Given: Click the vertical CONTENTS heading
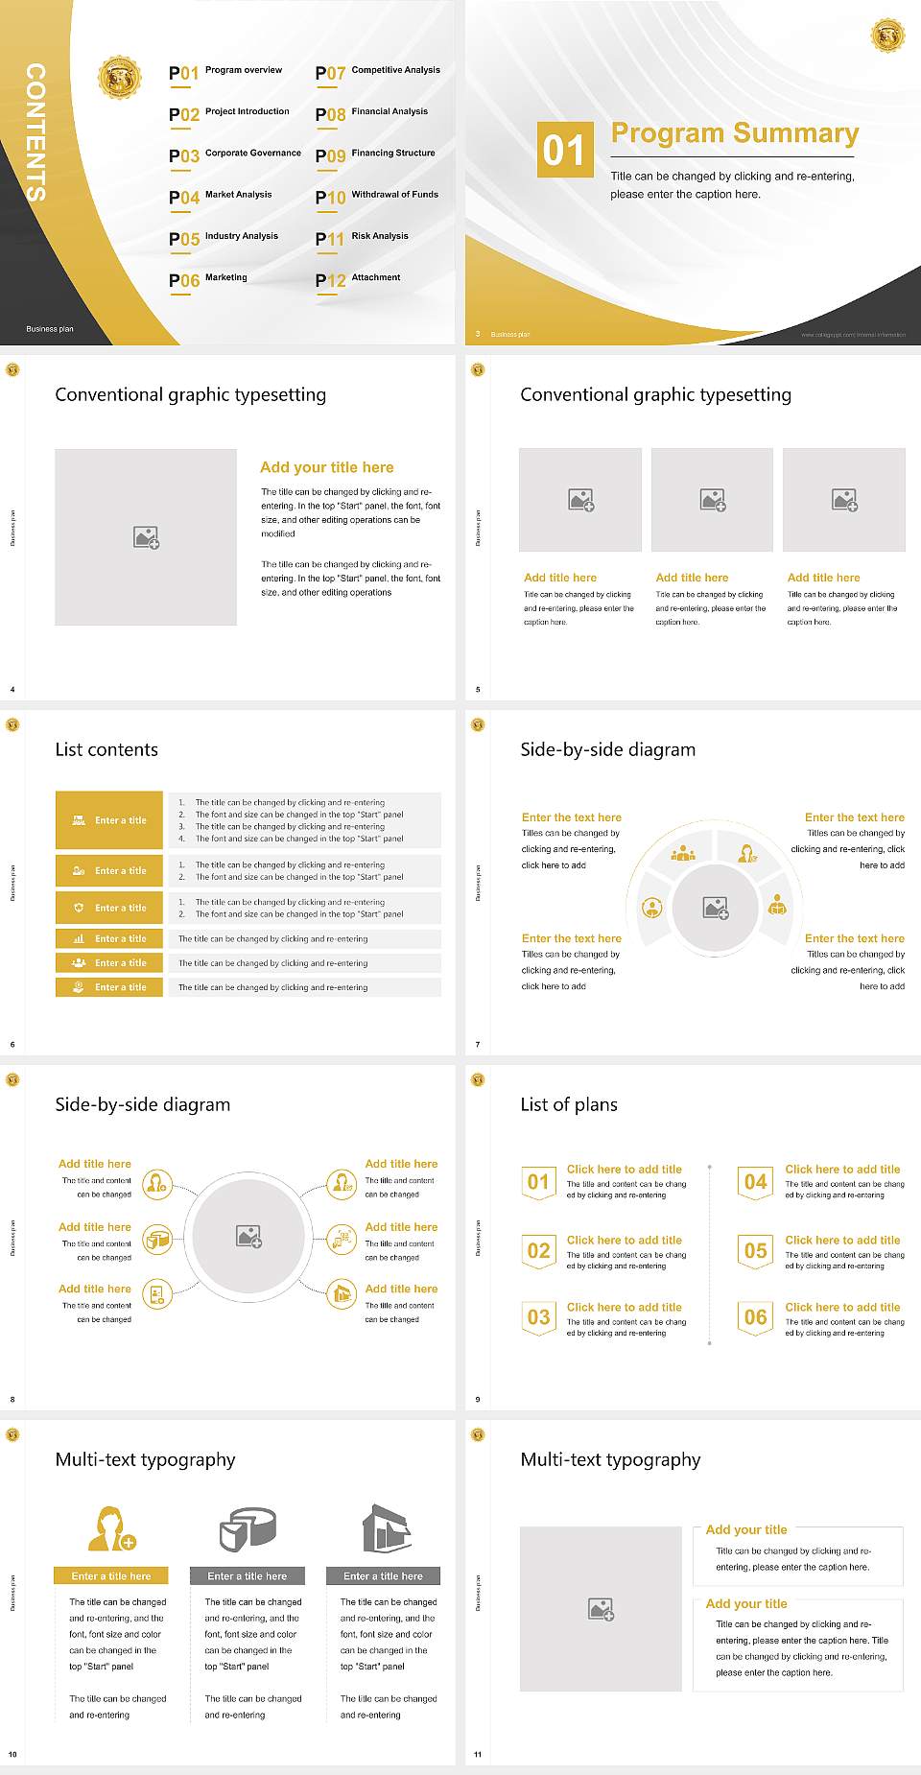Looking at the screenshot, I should point(35,132).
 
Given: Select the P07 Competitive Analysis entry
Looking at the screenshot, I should point(378,72).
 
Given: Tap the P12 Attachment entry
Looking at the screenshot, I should point(359,279).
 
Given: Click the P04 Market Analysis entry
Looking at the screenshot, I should point(222,197).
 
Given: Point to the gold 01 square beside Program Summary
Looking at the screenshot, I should point(564,150).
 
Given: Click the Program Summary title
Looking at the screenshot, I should point(734,133).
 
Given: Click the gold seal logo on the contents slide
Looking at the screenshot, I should point(120,77).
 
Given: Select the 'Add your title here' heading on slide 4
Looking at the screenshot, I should point(326,467).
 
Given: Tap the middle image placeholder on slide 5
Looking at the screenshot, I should point(712,500).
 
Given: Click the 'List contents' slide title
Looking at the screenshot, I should point(106,749).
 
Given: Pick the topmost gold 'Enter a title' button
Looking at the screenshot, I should point(109,820).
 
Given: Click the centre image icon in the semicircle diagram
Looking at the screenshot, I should point(716,908).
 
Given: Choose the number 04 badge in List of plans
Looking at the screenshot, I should point(756,1182).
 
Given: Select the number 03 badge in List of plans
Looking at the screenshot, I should point(539,1317).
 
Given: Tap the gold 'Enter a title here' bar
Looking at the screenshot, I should point(111,1575).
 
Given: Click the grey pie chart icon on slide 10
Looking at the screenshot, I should point(248,1527).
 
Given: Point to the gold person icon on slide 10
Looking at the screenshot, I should point(111,1528).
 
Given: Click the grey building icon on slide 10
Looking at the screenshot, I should point(387,1527).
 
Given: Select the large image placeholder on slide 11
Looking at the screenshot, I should point(601,1609).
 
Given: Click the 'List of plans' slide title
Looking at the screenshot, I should point(569,1104).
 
